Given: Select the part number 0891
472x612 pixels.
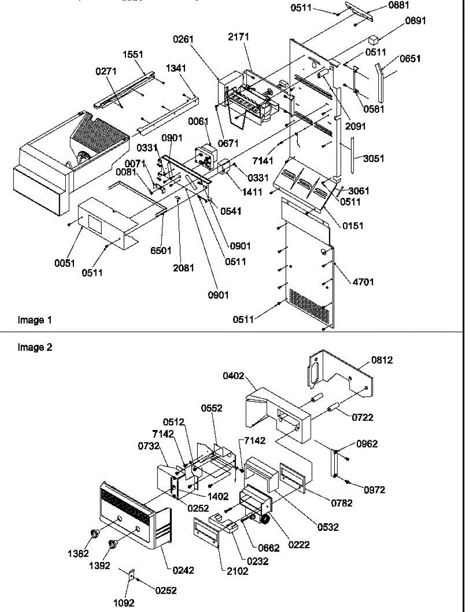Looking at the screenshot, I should pyautogui.click(x=415, y=21).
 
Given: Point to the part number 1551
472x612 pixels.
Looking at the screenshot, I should pyautogui.click(x=133, y=55).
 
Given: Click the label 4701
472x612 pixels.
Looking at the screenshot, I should pyautogui.click(x=362, y=281).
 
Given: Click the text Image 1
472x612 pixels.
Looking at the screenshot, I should pyautogui.click(x=35, y=320).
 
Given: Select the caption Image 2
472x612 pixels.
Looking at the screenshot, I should pyautogui.click(x=35, y=348).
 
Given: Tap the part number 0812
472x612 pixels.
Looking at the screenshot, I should pyautogui.click(x=382, y=360).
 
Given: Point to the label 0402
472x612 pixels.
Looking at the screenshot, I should pyautogui.click(x=233, y=377).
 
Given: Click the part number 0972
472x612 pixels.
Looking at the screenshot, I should pyautogui.click(x=374, y=490).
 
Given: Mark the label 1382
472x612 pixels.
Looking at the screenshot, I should pyautogui.click(x=80, y=553).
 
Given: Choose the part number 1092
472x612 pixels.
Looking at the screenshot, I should pyautogui.click(x=124, y=603).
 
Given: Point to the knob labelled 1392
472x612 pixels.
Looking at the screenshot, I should pyautogui.click(x=113, y=545).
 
